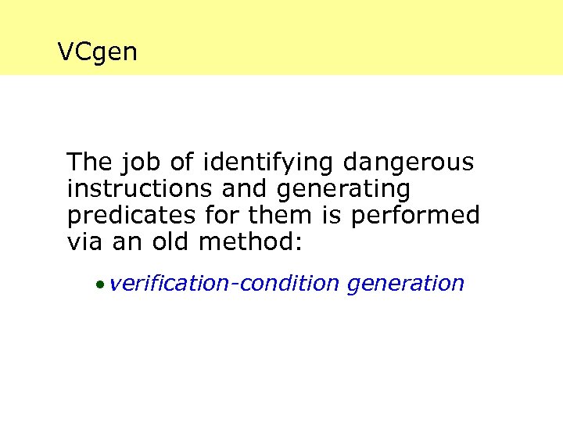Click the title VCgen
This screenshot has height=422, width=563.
coord(98,52)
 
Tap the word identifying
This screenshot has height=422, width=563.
coord(268,163)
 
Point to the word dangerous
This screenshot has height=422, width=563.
coord(408,163)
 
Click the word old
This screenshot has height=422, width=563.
coord(167,242)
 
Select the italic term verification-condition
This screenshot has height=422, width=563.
coord(225,284)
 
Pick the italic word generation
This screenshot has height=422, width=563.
coord(405,284)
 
